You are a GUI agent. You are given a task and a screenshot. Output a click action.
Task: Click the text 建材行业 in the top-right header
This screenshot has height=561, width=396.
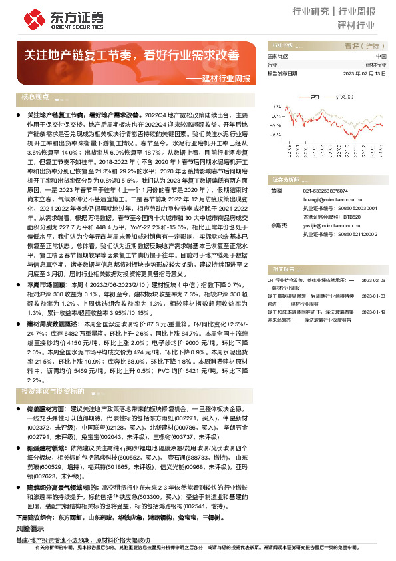(x=356, y=26)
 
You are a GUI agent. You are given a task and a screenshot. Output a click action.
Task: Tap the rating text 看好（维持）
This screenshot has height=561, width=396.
(x=363, y=47)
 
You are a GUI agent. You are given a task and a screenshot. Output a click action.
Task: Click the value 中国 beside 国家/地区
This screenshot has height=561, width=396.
(x=381, y=57)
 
